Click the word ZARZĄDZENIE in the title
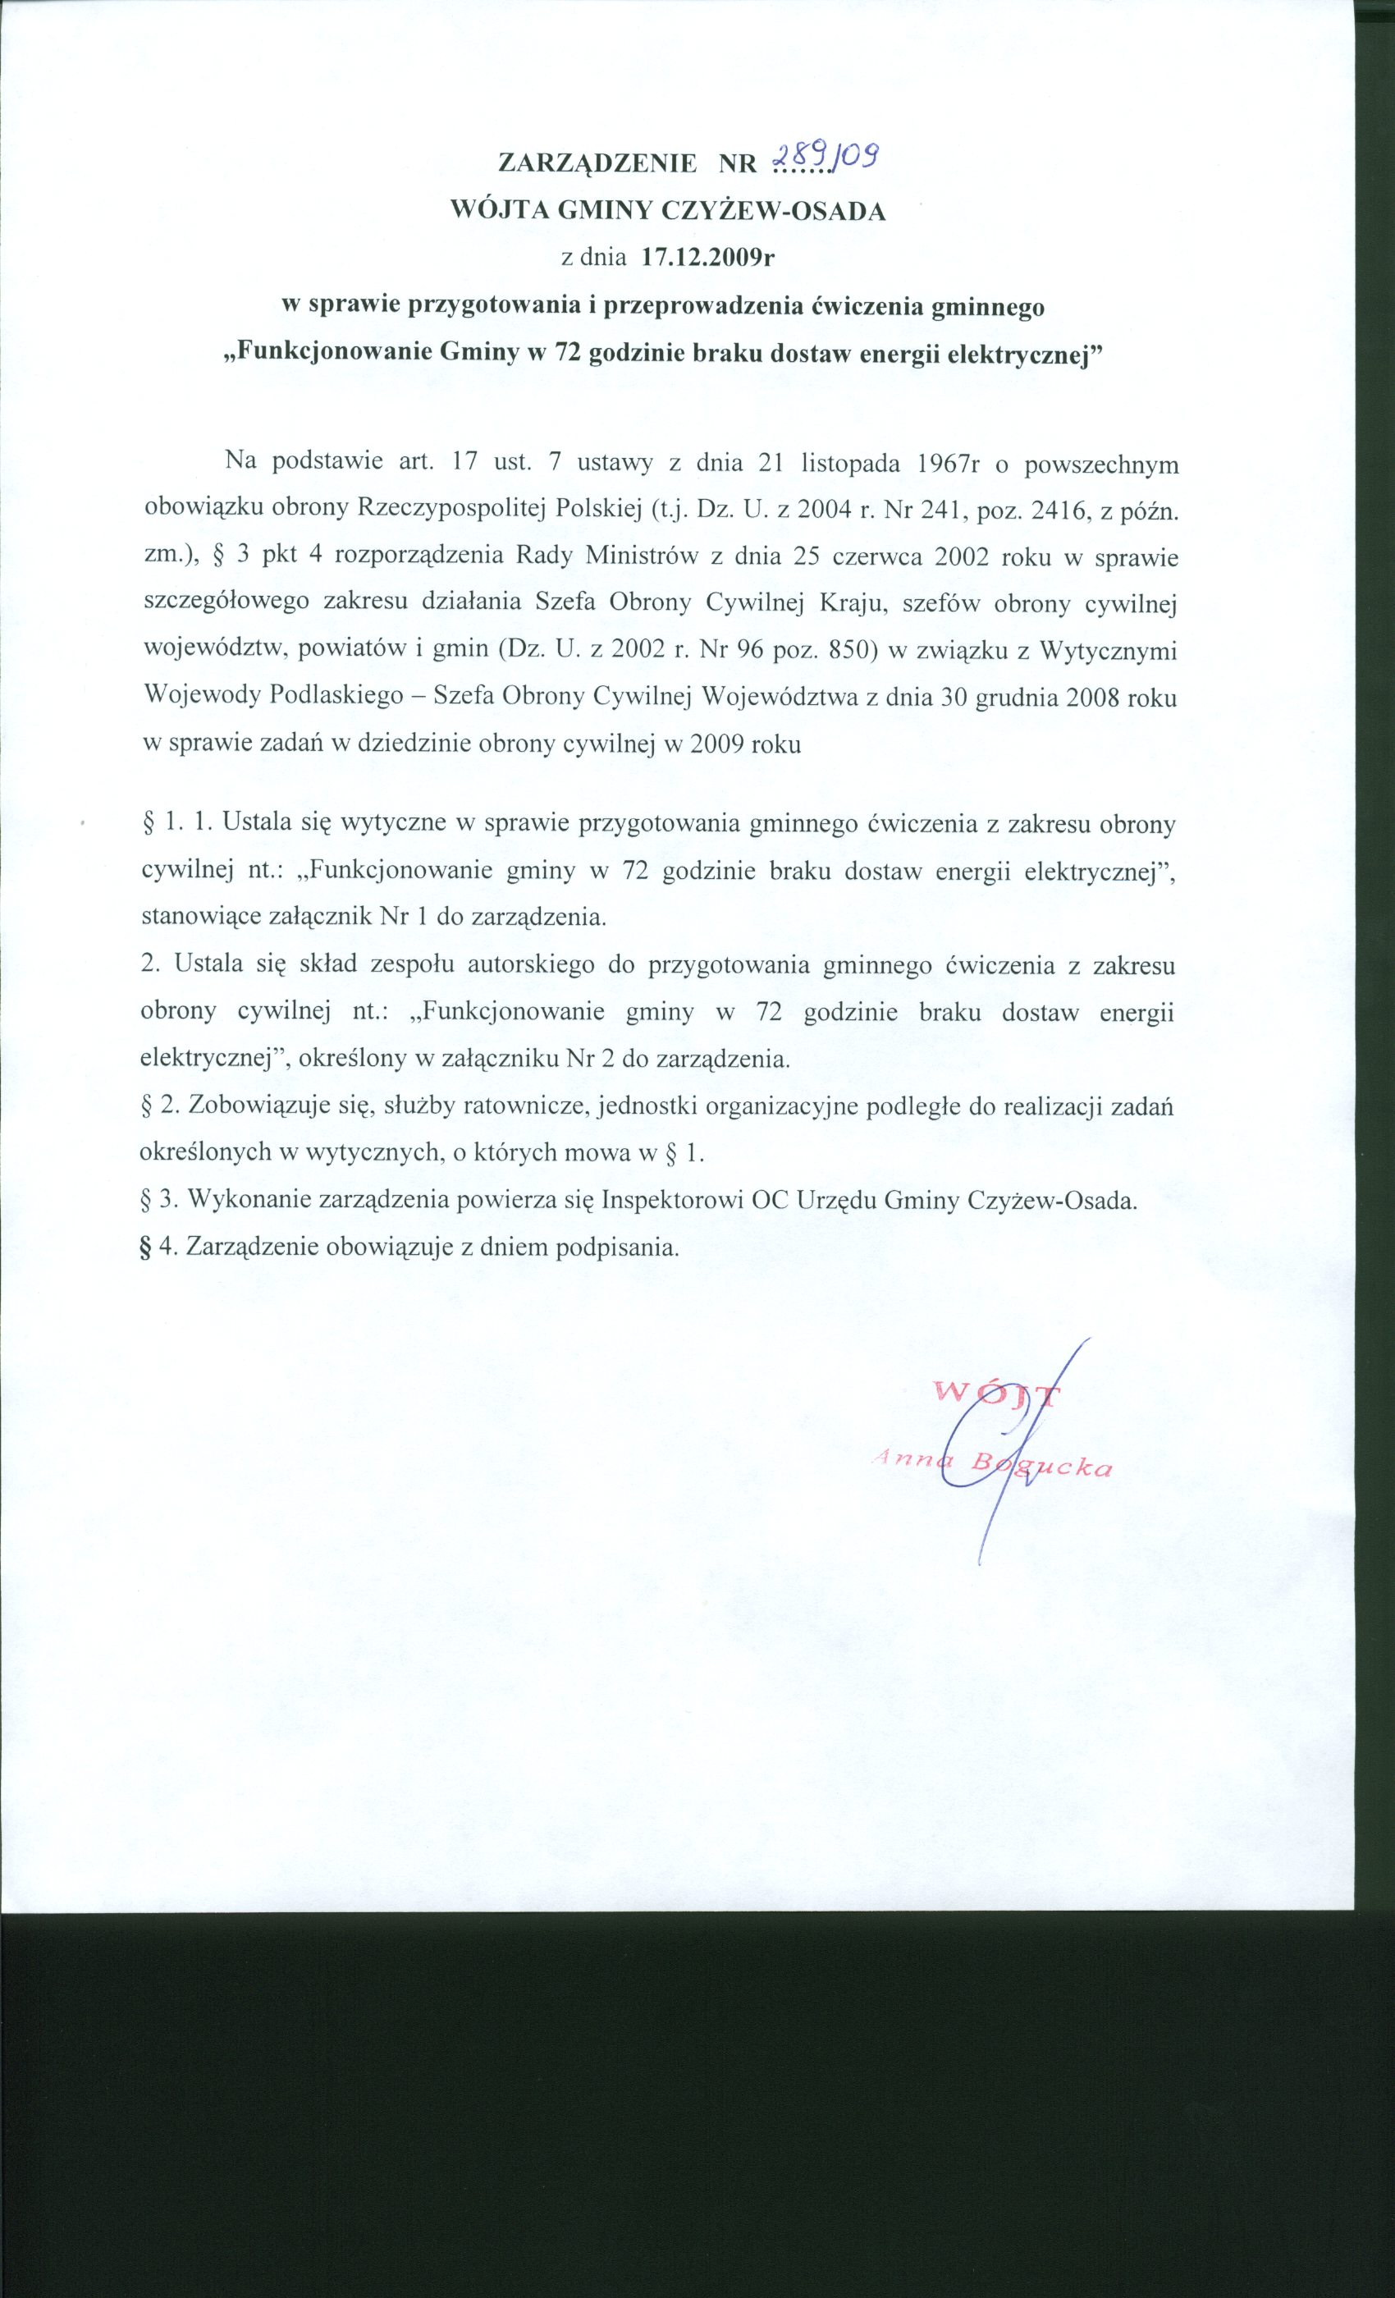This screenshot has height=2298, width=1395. pos(597,163)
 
